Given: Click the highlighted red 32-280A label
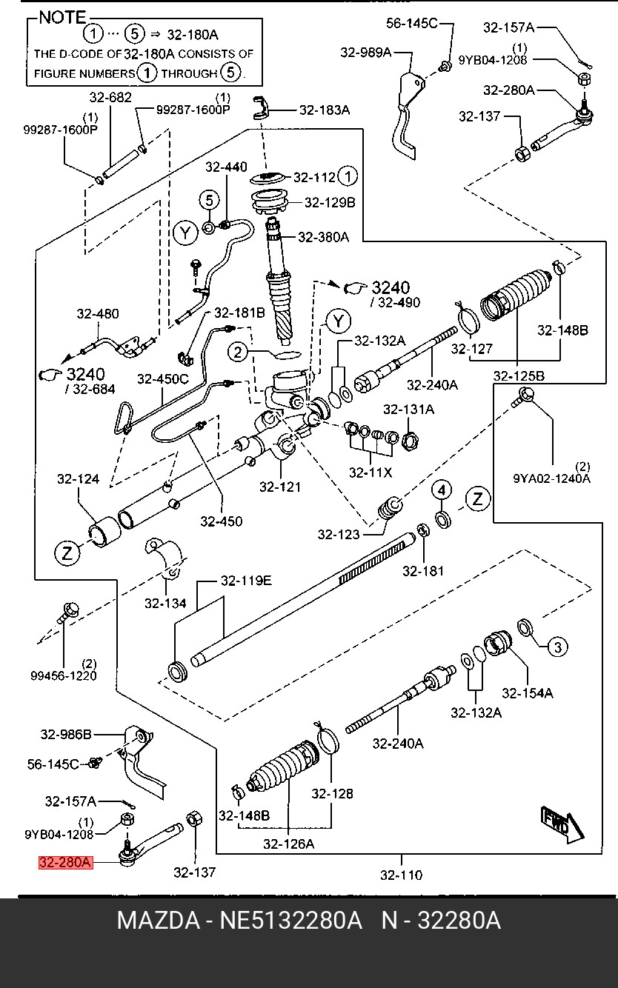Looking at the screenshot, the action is [x=65, y=862].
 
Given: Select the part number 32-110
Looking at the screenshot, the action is [x=402, y=875].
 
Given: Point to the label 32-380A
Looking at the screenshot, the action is [x=324, y=237].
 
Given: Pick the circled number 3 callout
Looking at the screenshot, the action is [x=557, y=647].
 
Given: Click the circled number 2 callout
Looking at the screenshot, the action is [x=238, y=352].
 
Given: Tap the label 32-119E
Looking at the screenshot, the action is [x=246, y=581].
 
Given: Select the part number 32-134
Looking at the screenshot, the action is [x=165, y=603].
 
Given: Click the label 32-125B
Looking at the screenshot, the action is [x=519, y=375].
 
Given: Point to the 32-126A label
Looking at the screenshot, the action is [x=289, y=844].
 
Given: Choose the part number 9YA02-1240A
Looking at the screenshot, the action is [x=551, y=478].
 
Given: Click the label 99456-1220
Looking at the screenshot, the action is [x=64, y=675].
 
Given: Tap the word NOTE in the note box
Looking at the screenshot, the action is [x=62, y=18].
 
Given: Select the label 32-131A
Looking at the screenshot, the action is [x=409, y=410].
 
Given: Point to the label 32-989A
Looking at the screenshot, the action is [x=366, y=53].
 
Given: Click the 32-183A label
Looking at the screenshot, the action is [x=325, y=110].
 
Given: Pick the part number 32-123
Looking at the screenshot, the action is [x=339, y=535].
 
